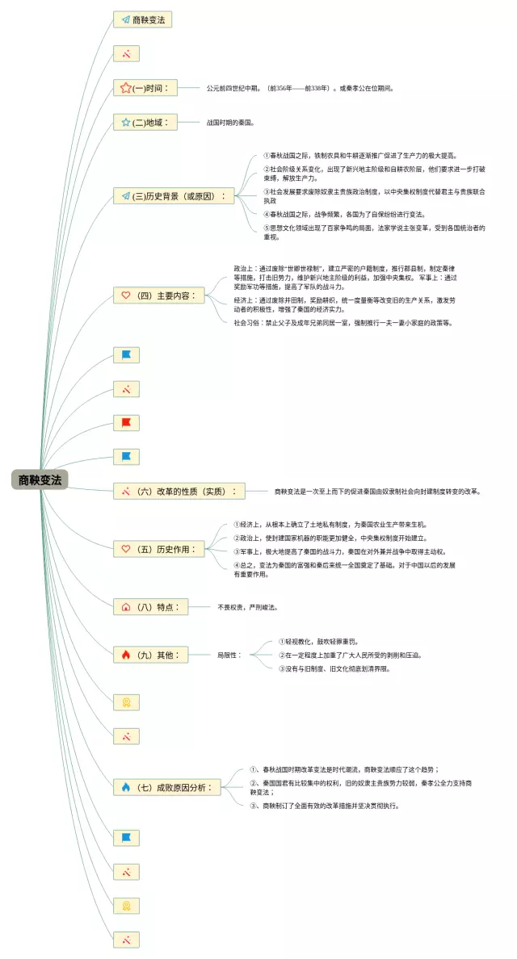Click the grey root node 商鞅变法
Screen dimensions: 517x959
[39, 479]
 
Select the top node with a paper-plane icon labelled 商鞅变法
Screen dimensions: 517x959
[143, 19]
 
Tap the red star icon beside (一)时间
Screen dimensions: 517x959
[126, 88]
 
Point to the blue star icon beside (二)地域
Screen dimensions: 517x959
[126, 123]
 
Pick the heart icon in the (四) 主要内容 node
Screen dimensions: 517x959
[126, 295]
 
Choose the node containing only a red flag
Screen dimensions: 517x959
[126, 422]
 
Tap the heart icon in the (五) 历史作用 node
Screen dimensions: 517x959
[126, 549]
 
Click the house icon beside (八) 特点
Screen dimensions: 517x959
[126, 606]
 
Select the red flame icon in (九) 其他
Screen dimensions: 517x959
[126, 655]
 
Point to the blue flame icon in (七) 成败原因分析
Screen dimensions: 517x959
[126, 786]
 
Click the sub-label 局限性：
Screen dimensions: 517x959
[228, 655]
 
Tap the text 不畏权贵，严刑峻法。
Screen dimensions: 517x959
[252, 606]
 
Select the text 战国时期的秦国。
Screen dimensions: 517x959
[231, 123]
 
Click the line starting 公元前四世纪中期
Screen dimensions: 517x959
[300, 88]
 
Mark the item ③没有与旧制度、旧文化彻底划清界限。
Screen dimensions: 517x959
[334, 668]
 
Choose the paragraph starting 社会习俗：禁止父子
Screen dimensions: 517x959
[343, 323]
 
